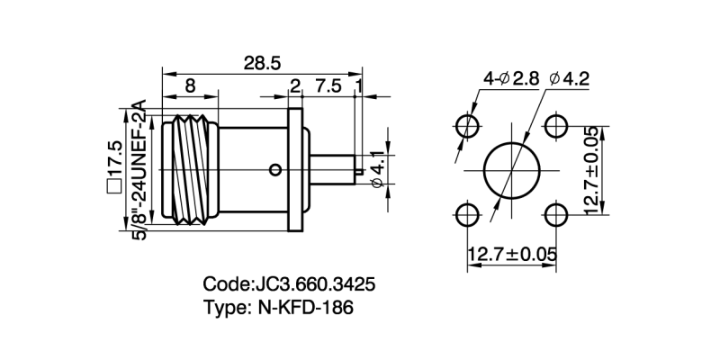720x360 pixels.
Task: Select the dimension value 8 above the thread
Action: click(x=190, y=86)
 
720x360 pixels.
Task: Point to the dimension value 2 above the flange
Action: click(x=294, y=86)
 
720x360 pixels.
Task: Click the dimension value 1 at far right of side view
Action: click(x=360, y=86)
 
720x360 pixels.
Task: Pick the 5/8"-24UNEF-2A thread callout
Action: click(x=139, y=166)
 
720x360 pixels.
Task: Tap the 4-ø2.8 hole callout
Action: click(x=510, y=79)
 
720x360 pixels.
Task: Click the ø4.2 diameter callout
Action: click(x=569, y=79)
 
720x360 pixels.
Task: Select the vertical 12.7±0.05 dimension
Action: click(x=590, y=169)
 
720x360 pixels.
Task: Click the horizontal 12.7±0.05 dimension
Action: click(x=510, y=256)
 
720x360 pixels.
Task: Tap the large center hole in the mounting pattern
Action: click(x=510, y=169)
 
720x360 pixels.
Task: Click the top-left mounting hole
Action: click(x=466, y=125)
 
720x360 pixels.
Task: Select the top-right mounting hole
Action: click(x=555, y=125)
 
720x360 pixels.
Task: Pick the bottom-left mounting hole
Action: click(x=466, y=214)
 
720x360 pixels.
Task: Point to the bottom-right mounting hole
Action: click(x=555, y=214)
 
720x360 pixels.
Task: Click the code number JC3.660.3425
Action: click(x=311, y=284)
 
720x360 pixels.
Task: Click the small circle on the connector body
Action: click(x=274, y=168)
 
